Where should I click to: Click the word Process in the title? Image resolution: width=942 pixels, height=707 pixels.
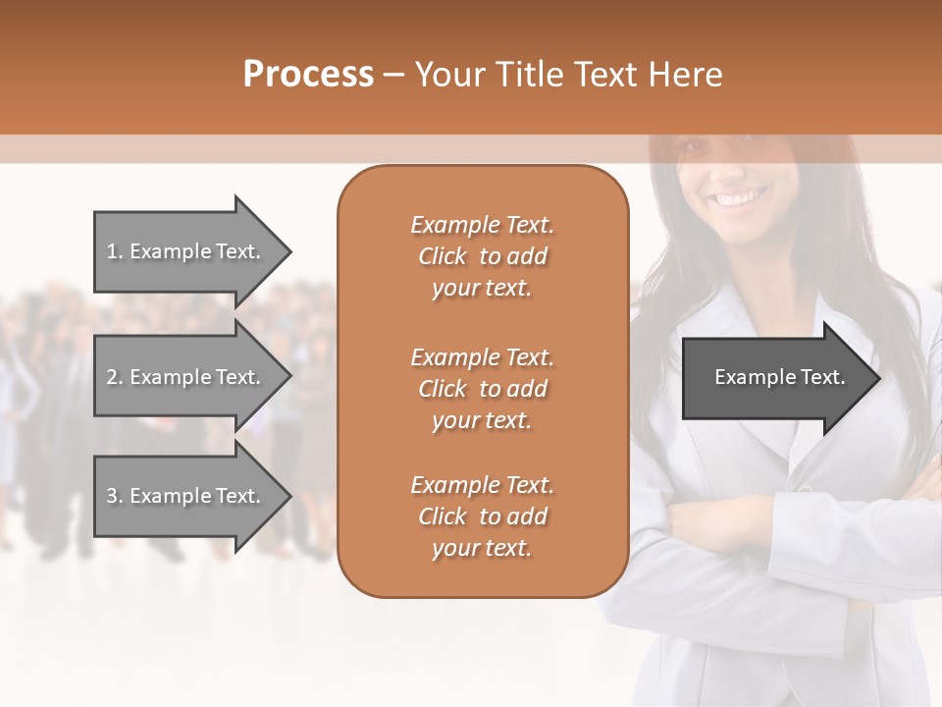coord(308,75)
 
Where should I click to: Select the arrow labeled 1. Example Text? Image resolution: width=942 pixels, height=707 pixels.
coord(186,251)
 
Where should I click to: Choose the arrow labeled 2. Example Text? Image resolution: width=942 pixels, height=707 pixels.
coord(186,377)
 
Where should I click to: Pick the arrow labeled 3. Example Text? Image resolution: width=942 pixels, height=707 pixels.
coord(186,496)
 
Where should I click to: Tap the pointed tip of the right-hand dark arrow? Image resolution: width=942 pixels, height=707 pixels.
coord(878,378)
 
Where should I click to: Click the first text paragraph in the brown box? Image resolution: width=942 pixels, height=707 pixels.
coord(482,256)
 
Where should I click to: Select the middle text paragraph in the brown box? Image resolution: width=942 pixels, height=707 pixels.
coord(482,389)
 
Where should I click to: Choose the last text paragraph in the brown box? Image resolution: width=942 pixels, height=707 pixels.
coord(482,517)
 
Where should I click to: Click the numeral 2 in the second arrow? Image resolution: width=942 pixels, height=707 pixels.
coord(112,377)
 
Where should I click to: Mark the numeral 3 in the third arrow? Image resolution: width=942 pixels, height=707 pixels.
coord(112,496)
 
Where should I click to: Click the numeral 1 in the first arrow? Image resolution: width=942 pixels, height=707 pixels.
coord(112,251)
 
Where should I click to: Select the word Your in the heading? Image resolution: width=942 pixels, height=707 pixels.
coord(447,75)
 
